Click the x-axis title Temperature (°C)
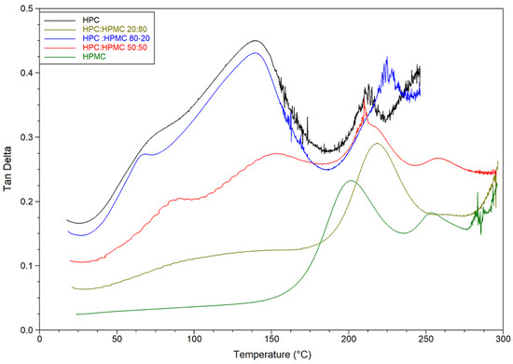tap(271, 355)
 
